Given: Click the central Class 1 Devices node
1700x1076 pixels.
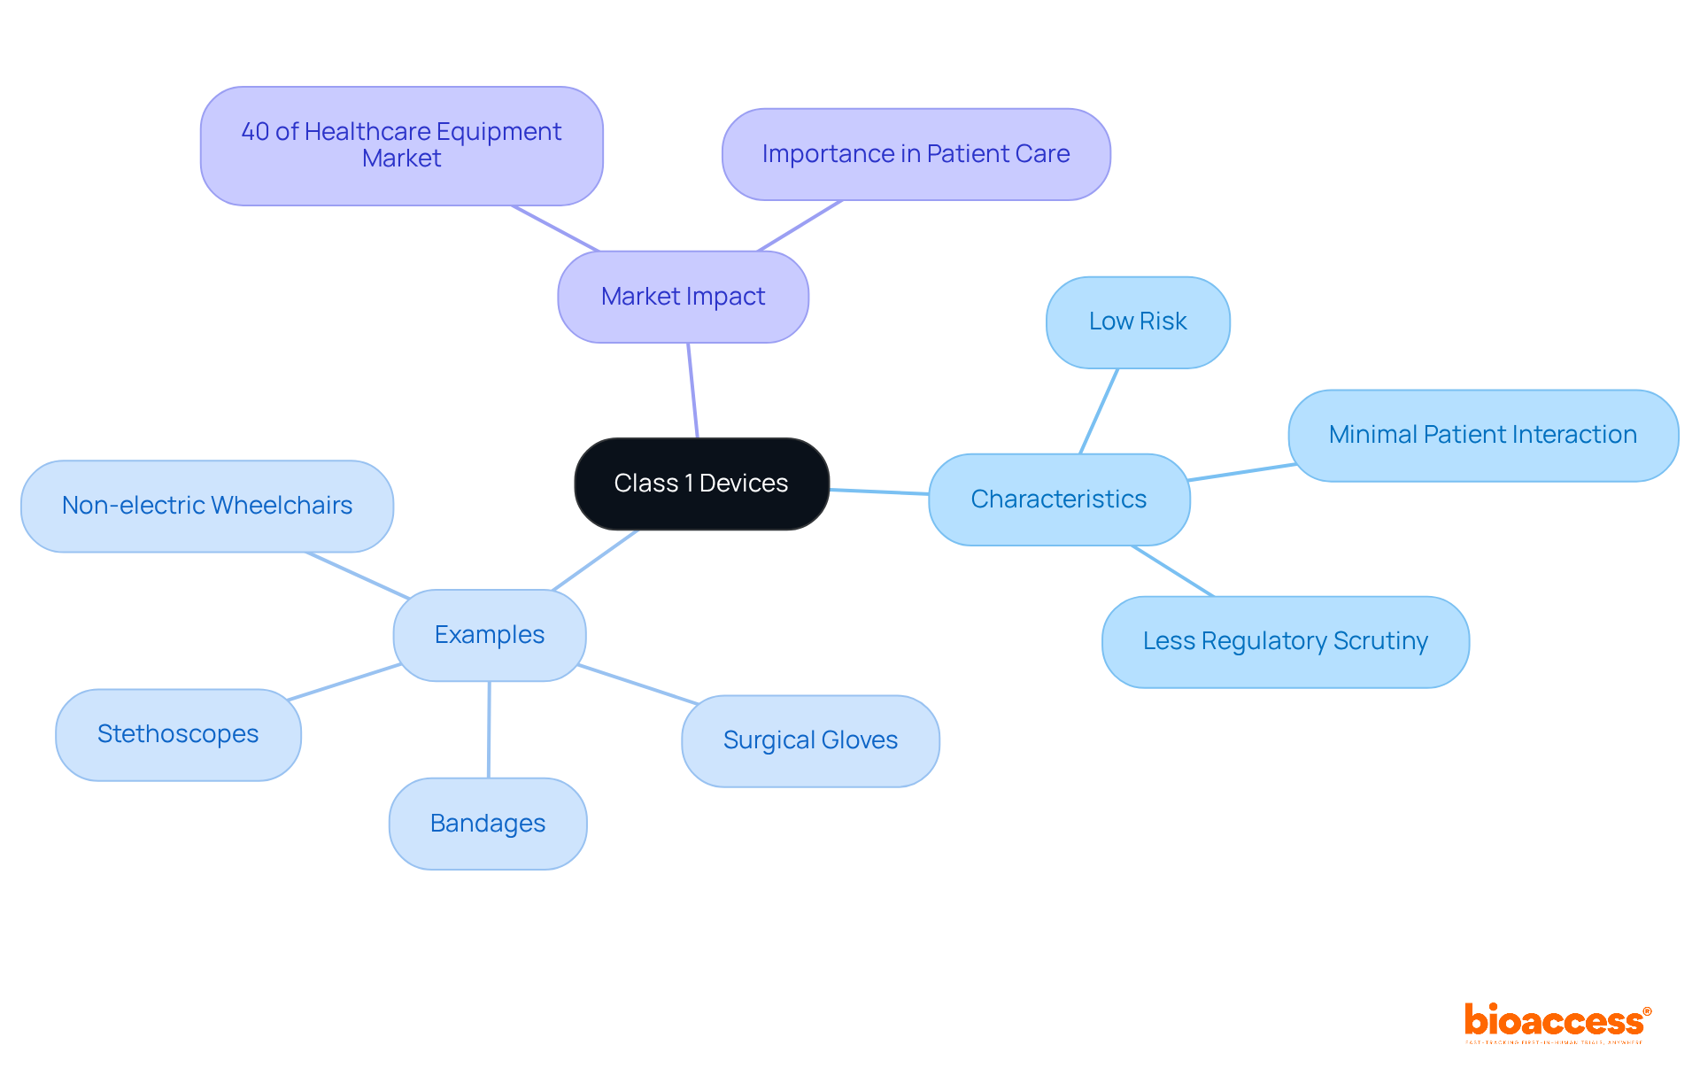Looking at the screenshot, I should click(701, 484).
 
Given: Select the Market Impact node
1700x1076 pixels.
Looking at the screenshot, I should click(683, 297).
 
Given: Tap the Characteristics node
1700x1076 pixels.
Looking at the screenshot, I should click(1058, 499).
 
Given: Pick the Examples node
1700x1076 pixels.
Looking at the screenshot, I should click(489, 635).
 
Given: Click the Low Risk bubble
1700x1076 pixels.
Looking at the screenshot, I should click(1137, 321).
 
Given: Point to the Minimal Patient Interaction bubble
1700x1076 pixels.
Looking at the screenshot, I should click(1482, 435).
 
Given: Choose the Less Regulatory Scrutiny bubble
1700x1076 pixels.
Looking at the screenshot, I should click(1285, 641).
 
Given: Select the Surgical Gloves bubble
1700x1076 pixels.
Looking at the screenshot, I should click(810, 740).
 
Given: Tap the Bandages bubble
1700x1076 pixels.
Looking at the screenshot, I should click(487, 824).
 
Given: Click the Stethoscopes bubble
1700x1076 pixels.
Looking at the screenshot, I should click(178, 734).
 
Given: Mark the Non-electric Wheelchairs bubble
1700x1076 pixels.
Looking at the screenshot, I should click(206, 506).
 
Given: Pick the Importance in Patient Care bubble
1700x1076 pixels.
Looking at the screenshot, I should click(916, 154).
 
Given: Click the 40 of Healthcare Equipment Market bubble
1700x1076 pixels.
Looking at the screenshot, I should click(401, 145).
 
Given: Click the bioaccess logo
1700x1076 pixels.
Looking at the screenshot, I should click(1557, 1022).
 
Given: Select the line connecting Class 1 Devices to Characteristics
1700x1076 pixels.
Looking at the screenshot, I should click(878, 492).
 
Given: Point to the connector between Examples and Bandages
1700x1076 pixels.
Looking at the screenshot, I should click(489, 730).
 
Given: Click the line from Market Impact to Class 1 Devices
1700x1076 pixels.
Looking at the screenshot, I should click(692, 391).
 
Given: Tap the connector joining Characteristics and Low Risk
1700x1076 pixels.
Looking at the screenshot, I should click(1099, 411).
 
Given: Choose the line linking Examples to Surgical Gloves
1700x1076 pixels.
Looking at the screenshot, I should click(637, 685).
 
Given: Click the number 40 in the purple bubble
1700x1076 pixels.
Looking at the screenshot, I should click(255, 132).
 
